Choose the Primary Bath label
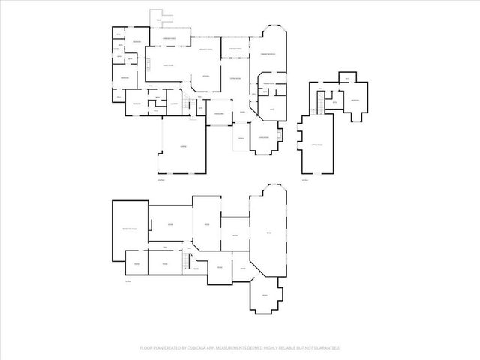coord(267,84)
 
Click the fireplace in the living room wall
coord(280,135)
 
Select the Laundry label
coord(172,103)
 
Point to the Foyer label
coord(242,112)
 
